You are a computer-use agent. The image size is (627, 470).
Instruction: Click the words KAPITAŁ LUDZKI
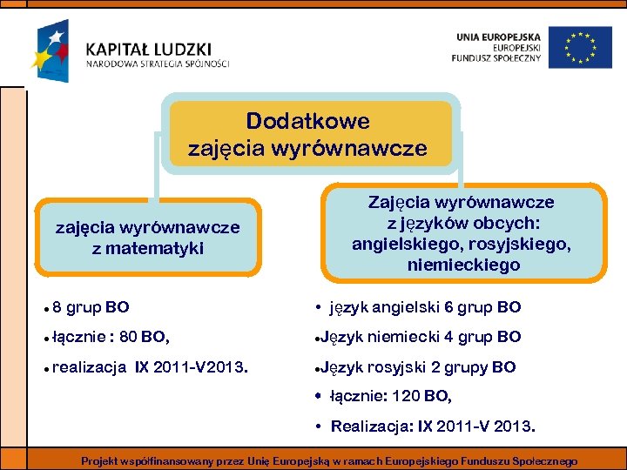[x=148, y=49]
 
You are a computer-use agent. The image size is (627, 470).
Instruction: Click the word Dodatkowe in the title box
[x=307, y=121]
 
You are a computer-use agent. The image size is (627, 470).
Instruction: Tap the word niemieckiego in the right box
[x=463, y=265]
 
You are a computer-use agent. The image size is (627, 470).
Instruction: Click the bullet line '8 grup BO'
[x=91, y=307]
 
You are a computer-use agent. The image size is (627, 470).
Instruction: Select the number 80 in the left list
[x=128, y=336]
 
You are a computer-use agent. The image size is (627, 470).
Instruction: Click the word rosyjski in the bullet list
[x=398, y=366]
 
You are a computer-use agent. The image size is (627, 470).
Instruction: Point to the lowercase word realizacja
[x=89, y=366]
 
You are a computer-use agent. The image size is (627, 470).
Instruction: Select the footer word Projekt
[x=101, y=460]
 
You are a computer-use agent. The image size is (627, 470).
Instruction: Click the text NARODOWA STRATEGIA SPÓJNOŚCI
[x=158, y=64]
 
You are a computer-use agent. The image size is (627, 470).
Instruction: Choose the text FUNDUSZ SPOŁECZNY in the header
[x=496, y=58]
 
